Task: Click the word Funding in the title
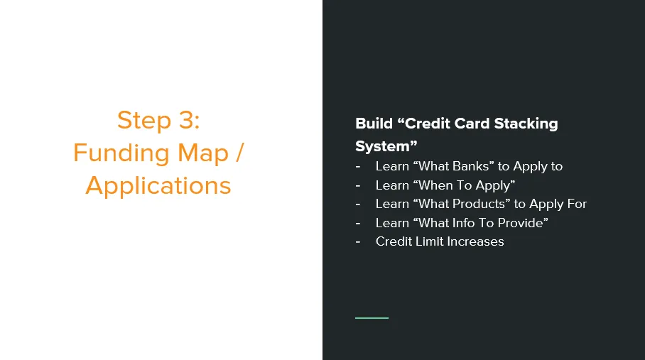[x=121, y=153]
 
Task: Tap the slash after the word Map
[x=240, y=153]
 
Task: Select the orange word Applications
[x=158, y=186]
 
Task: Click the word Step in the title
[x=143, y=121]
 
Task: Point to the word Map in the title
[x=202, y=153]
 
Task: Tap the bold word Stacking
[x=526, y=124]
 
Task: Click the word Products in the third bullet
[x=482, y=204]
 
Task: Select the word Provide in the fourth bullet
[x=524, y=223]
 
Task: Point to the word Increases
[x=475, y=241]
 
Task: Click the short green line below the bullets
[x=372, y=317]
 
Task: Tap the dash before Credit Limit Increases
[x=358, y=242]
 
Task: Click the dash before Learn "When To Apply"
[x=358, y=186]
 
